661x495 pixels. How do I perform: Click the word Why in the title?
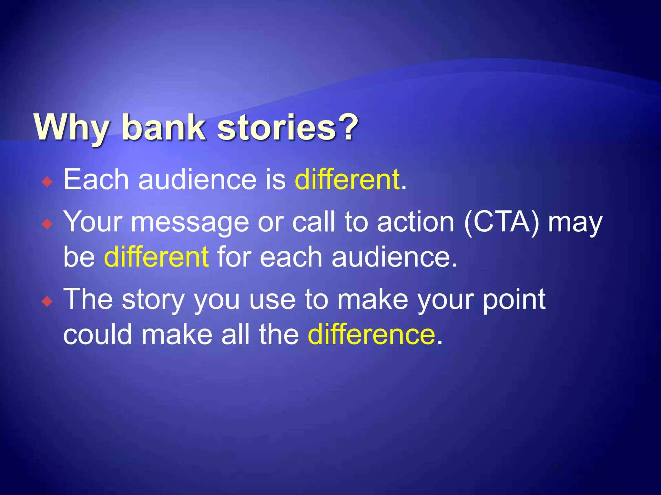71,128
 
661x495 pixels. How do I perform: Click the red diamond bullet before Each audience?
47,182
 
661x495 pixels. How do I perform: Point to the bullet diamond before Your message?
47,224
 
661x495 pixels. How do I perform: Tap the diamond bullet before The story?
47,302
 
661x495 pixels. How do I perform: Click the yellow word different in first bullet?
347,180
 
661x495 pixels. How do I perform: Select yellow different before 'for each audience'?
156,257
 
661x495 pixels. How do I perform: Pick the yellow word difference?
371,335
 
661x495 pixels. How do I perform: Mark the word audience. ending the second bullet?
395,257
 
